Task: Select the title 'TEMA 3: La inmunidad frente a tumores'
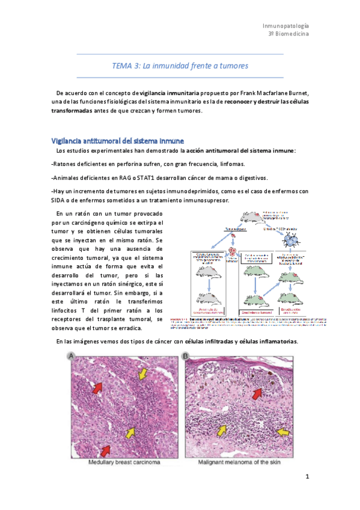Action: pyautogui.click(x=180, y=65)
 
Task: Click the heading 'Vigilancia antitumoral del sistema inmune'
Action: pyautogui.click(x=113, y=140)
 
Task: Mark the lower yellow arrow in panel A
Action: pyautogui.click(x=128, y=432)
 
